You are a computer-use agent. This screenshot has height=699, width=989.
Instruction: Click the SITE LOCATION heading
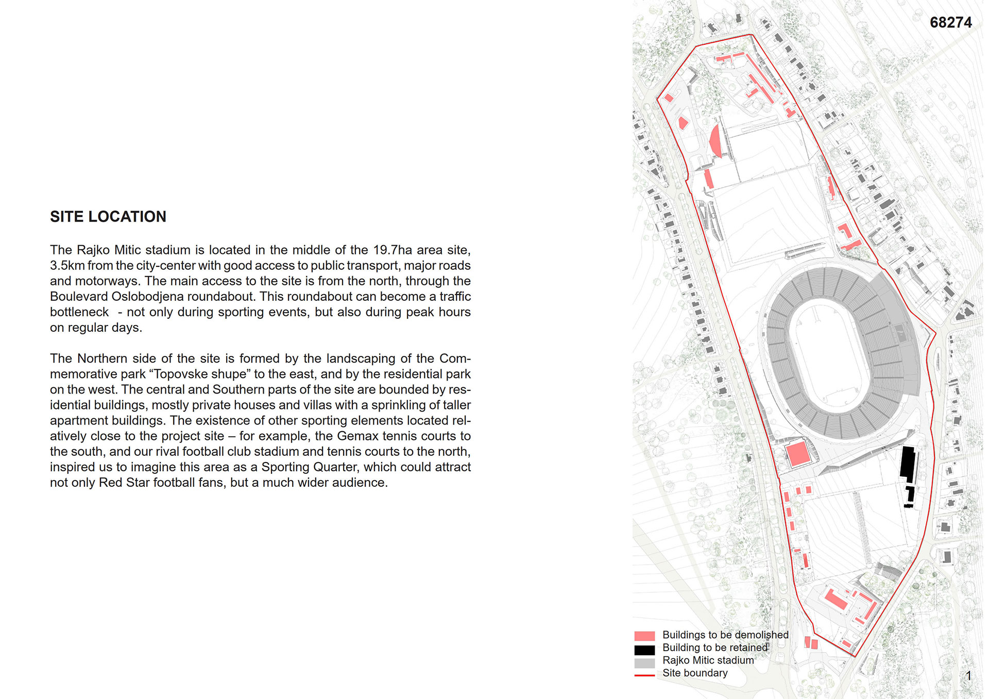[x=108, y=217]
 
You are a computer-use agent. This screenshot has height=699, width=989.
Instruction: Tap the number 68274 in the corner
[x=950, y=23]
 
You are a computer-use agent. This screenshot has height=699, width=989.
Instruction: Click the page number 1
[x=968, y=676]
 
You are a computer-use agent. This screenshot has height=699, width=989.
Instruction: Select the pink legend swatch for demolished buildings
[x=644, y=636]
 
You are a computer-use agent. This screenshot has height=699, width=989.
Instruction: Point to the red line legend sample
[x=644, y=675]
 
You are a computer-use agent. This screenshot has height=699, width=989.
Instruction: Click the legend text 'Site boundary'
[x=695, y=673]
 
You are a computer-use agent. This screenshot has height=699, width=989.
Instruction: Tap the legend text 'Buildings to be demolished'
[x=725, y=635]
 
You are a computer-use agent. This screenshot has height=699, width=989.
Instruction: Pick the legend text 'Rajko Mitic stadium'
[x=708, y=660]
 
